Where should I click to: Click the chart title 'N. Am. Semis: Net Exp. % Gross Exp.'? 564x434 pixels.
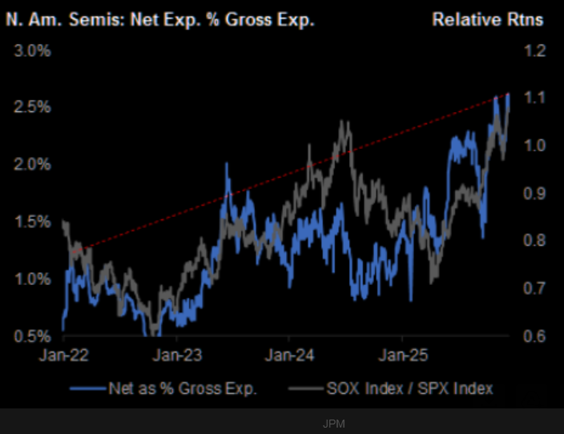click(x=159, y=19)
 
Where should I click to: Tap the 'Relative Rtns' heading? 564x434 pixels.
click(x=488, y=19)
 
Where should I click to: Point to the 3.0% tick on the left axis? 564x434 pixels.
click(x=33, y=50)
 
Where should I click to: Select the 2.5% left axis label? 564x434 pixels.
click(x=33, y=107)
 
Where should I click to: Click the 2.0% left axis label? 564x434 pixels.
click(x=33, y=164)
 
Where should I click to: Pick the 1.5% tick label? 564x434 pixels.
click(x=33, y=222)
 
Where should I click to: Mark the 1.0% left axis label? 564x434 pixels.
click(x=33, y=279)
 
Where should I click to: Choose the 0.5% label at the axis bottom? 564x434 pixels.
click(x=33, y=336)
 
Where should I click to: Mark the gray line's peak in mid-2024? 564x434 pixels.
click(x=344, y=122)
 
